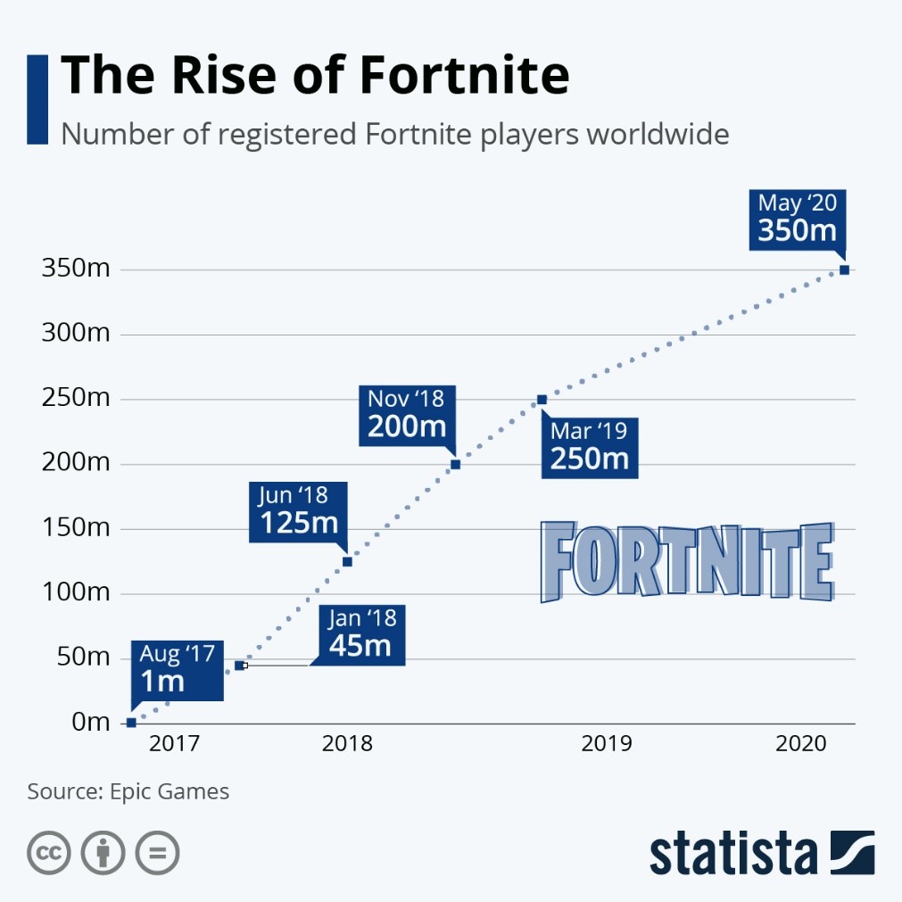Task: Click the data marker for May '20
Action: pyautogui.click(x=844, y=269)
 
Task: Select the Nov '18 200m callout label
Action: pyautogui.click(x=407, y=413)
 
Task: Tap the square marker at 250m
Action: pyautogui.click(x=542, y=400)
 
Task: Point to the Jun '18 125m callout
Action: pyautogui.click(x=298, y=510)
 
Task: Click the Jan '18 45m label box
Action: pyautogui.click(x=360, y=633)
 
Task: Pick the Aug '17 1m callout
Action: pyautogui.click(x=177, y=669)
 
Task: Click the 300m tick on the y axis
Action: pyautogui.click(x=75, y=335)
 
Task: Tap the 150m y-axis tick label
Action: pyautogui.click(x=75, y=528)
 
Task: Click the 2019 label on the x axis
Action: pyautogui.click(x=607, y=744)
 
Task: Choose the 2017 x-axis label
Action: pyautogui.click(x=175, y=744)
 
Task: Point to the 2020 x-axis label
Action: pyautogui.click(x=800, y=744)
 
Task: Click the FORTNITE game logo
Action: pyautogui.click(x=687, y=562)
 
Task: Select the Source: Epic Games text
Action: pyautogui.click(x=128, y=791)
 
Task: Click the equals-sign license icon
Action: pyautogui.click(x=157, y=853)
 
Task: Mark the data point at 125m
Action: pyautogui.click(x=347, y=561)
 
